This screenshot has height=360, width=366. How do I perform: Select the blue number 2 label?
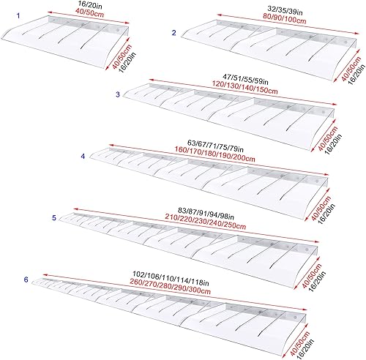[x=173, y=32]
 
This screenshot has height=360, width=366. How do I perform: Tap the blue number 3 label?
[x=118, y=94]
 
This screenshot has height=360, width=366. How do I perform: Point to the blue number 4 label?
[x=83, y=156]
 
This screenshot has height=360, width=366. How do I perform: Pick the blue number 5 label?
[x=54, y=217]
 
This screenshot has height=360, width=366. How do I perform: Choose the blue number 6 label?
[x=26, y=280]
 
